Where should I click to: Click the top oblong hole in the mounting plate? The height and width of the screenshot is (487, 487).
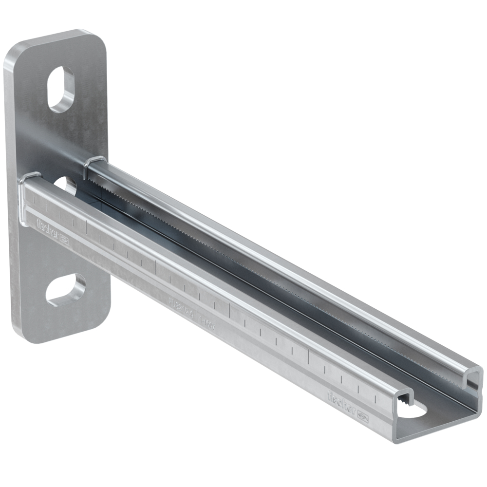(61, 89)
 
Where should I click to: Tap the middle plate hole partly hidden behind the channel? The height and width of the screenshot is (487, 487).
(66, 185)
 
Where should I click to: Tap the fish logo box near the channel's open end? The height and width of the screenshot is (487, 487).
(362, 417)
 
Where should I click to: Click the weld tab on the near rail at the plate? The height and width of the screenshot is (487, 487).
(30, 176)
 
